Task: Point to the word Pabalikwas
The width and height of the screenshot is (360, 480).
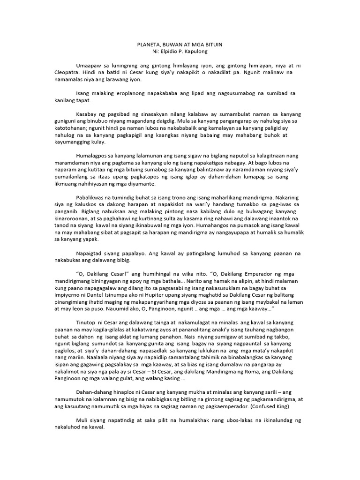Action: coord(91,197)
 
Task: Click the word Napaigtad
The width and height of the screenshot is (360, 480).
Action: coord(91,253)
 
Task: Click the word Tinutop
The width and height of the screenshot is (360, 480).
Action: coord(87,323)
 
